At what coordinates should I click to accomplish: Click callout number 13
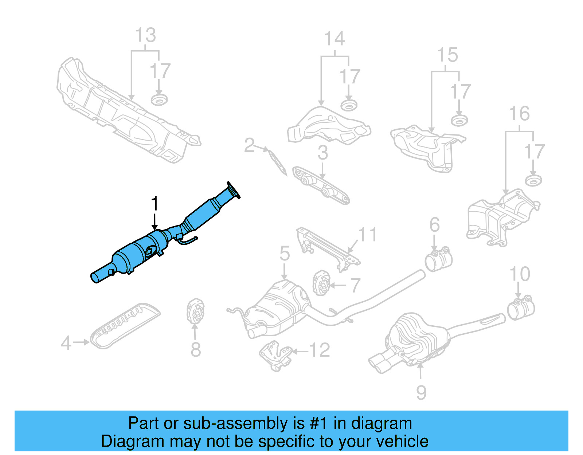(x=145, y=35)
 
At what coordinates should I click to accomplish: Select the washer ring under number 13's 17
(x=159, y=99)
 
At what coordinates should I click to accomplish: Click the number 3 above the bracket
(x=323, y=153)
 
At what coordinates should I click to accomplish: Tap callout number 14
(x=334, y=39)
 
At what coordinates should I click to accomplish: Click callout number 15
(x=447, y=55)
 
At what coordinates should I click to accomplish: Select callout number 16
(x=519, y=114)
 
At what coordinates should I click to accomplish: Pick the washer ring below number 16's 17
(x=533, y=180)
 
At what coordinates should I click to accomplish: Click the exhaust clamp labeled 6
(x=439, y=259)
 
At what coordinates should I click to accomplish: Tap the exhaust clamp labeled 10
(x=521, y=309)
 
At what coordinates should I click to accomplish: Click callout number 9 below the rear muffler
(x=421, y=392)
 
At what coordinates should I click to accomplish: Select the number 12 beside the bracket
(x=320, y=350)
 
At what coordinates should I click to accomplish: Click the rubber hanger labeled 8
(x=195, y=311)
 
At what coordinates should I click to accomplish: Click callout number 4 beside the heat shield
(x=66, y=343)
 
